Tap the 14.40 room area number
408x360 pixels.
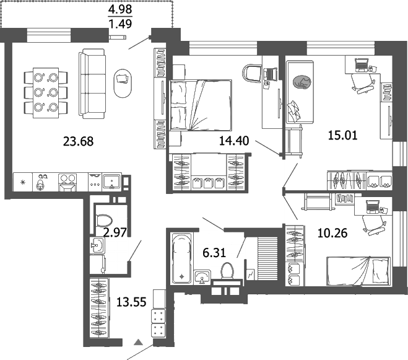[233, 141]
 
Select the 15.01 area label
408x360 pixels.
[344, 134]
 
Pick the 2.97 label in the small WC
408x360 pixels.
[115, 233]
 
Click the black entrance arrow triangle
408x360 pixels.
[139, 341]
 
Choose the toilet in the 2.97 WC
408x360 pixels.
[103, 220]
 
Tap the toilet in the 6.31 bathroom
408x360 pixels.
[227, 270]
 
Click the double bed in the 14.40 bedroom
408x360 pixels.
[199, 106]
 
